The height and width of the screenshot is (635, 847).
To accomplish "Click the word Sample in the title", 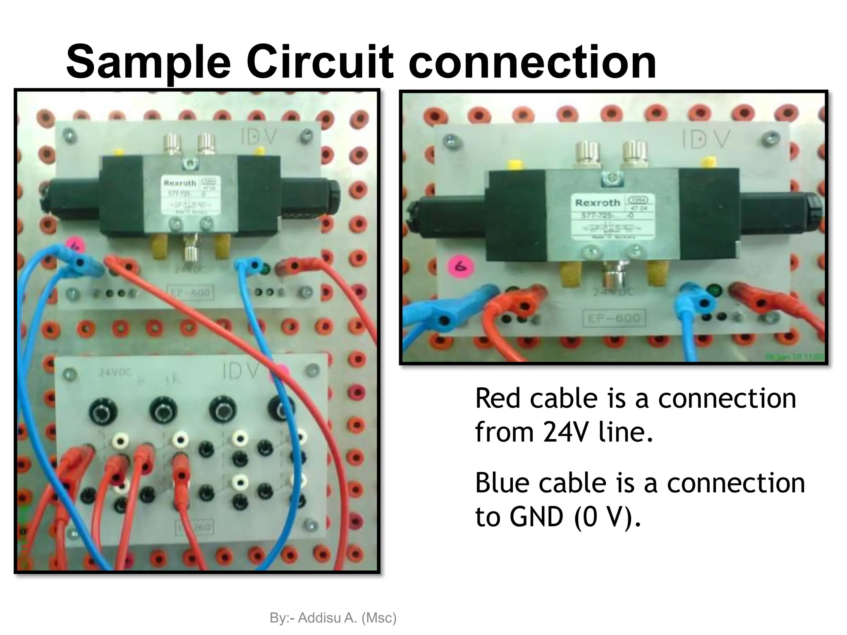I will (148, 63).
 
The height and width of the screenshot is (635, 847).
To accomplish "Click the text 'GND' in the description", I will (536, 517).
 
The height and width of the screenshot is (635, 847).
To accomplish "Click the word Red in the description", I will (499, 399).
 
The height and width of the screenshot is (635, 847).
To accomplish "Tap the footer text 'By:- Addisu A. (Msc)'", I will (333, 618).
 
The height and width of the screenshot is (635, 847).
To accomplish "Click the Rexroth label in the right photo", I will (598, 203).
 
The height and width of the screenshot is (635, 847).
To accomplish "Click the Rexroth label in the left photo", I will (179, 183).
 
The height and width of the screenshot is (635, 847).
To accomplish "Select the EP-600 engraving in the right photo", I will (614, 318).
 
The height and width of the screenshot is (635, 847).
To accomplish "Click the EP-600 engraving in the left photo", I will (190, 293).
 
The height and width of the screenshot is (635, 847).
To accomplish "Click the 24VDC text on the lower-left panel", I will (115, 372).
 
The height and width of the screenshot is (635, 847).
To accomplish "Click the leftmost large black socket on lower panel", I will (103, 411).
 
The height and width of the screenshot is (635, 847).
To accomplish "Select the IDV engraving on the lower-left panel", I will (241, 371).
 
